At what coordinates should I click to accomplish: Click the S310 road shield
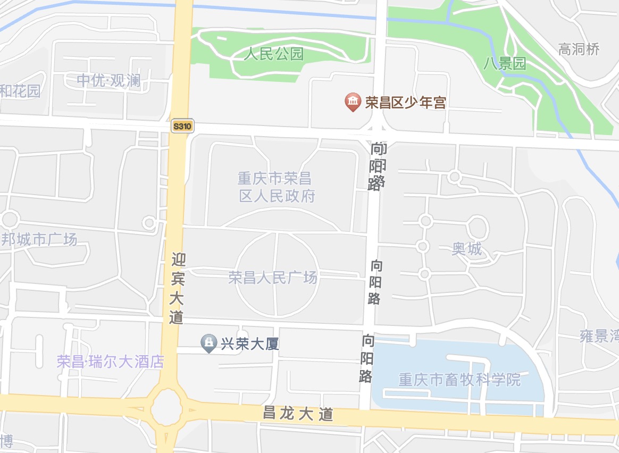point(183,127)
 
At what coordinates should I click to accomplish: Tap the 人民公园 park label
point(274,54)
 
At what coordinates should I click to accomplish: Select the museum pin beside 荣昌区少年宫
point(353,102)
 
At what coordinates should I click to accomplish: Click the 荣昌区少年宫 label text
point(405,103)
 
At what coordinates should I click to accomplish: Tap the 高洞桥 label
point(579,49)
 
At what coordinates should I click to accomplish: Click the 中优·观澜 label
point(108,80)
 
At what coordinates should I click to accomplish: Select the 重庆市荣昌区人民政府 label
point(277,187)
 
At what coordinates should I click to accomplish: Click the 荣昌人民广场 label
point(273,278)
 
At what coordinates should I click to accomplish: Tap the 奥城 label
point(467,248)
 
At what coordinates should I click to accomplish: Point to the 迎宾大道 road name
point(178,288)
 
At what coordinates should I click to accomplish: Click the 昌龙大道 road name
point(298,413)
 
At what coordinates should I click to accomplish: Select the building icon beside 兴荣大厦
point(208,343)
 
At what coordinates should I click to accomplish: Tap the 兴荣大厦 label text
point(250,344)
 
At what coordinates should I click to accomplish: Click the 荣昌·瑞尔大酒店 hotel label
point(111,362)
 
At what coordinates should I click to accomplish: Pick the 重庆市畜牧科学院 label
point(459,380)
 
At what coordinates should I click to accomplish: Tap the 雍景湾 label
point(599,336)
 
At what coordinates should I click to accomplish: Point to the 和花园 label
point(20,91)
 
